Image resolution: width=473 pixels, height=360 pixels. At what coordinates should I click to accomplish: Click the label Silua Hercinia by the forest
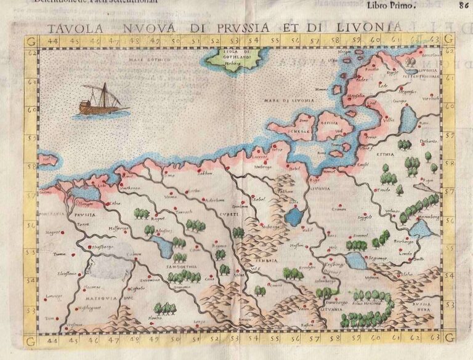[366, 304]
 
